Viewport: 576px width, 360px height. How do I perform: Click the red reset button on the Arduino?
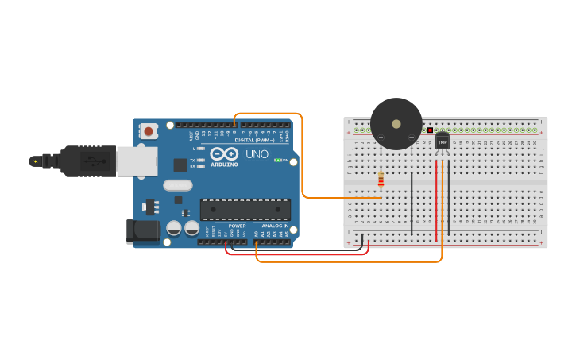[x=149, y=131]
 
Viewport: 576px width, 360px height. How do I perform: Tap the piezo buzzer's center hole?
[x=396, y=123]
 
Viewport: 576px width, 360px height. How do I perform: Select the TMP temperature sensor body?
[x=443, y=141]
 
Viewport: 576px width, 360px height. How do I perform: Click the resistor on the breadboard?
[x=381, y=180]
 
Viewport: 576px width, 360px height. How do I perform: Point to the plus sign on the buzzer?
[x=381, y=137]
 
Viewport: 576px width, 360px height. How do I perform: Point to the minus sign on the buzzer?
[x=411, y=137]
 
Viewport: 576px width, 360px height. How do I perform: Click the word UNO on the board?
[x=257, y=154]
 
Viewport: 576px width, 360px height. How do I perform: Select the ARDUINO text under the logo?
[x=224, y=165]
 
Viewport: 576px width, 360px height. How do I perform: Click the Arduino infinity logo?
[x=223, y=153]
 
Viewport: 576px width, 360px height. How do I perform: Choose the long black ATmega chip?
[x=245, y=209]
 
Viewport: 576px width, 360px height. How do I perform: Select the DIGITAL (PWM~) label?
[x=254, y=140]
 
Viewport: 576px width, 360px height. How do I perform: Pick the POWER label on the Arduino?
[x=237, y=226]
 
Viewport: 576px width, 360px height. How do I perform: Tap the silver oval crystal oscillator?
[x=178, y=185]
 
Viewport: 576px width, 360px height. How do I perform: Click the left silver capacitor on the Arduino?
[x=173, y=228]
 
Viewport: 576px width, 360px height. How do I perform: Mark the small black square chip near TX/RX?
[x=180, y=165]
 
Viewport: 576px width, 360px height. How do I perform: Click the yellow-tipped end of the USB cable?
[x=34, y=161]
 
